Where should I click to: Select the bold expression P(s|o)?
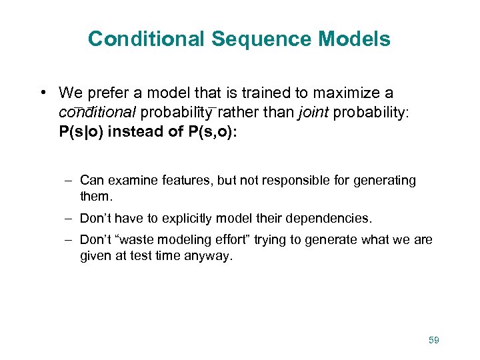click(x=81, y=131)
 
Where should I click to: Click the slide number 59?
click(x=434, y=341)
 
